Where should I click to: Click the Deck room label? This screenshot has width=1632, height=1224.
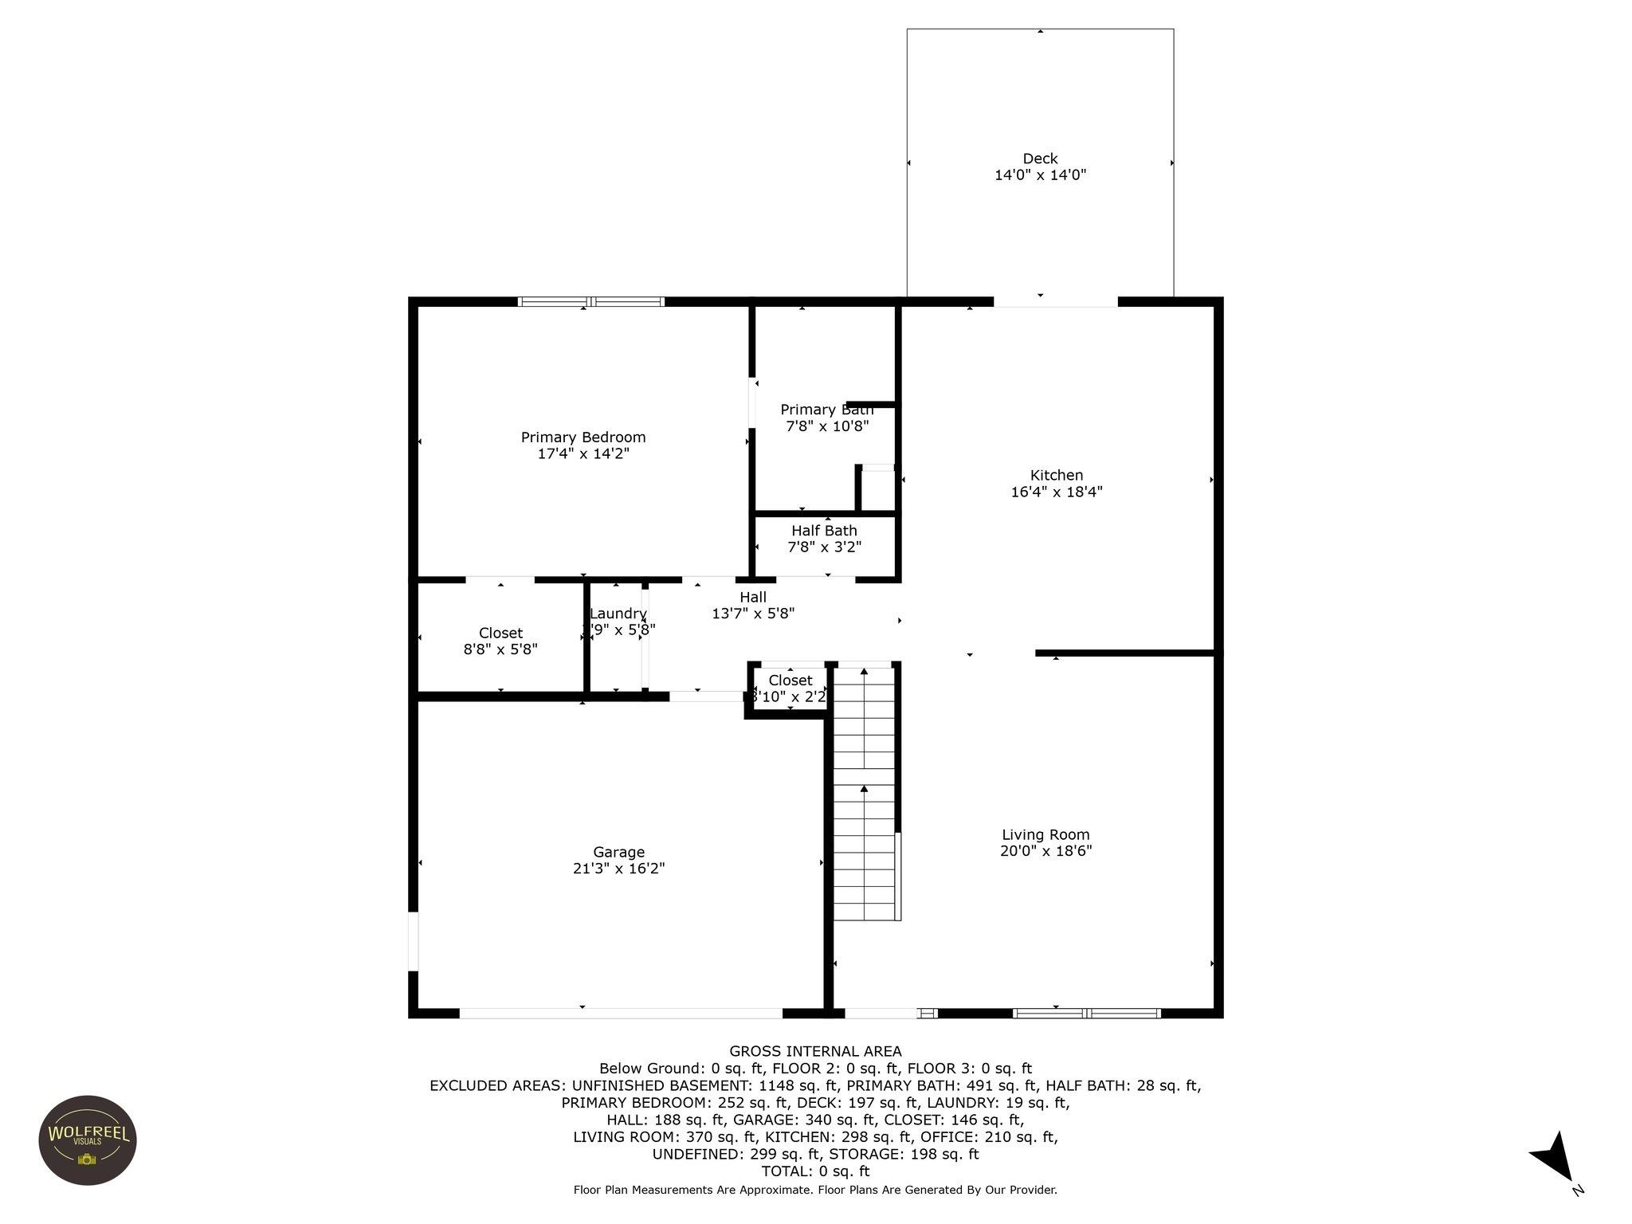coord(1040,159)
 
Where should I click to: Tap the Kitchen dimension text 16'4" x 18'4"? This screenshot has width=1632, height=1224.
coord(1057,492)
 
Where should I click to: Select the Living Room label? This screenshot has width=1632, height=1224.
coord(1045,834)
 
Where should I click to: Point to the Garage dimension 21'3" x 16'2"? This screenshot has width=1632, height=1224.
coord(618,869)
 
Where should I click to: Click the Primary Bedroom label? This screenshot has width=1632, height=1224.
coord(583,437)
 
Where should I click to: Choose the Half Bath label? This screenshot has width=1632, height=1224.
coord(824,531)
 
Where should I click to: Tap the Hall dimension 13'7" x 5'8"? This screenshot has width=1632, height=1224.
coord(753,614)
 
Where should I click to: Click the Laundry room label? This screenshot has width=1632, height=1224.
coord(618,614)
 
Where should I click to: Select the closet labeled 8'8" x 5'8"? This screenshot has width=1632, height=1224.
coord(500,641)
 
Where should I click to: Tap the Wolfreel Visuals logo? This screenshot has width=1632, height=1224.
coord(88,1140)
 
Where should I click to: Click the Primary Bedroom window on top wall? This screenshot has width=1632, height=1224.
coord(590,301)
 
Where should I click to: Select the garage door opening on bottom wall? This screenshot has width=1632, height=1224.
coord(621,1013)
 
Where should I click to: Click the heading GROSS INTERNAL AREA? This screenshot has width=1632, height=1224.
coord(815,1051)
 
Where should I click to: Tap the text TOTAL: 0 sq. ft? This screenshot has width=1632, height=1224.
coord(815,1171)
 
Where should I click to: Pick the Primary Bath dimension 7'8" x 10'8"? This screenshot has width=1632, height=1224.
coord(827,426)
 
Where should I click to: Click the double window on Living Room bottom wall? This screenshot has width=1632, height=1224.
coord(1086,1013)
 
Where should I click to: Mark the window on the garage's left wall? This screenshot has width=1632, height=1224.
coord(413,941)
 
